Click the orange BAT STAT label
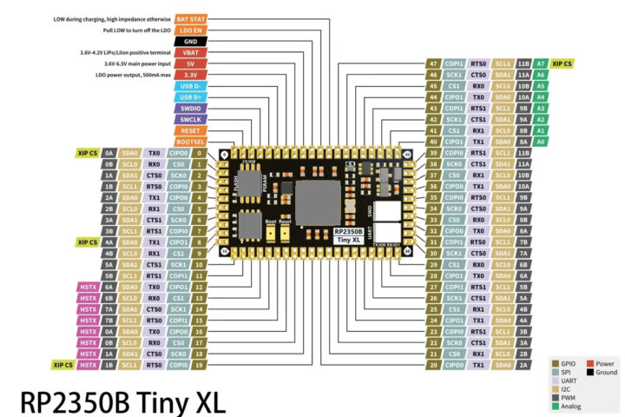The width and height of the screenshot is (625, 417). click(189, 17)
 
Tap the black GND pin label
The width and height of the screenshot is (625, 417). click(189, 41)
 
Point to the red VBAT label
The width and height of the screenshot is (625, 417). click(189, 52)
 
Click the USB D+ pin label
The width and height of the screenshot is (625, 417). click(189, 96)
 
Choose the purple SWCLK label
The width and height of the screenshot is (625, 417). click(189, 119)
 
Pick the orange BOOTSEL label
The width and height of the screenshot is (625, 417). click(189, 142)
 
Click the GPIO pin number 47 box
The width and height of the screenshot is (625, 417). click(433, 63)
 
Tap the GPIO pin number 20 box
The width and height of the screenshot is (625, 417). click(433, 366)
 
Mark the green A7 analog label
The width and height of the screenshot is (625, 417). click(541, 63)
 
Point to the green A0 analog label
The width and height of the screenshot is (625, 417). click(541, 141)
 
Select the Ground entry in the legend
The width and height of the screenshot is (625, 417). click(605, 372)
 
